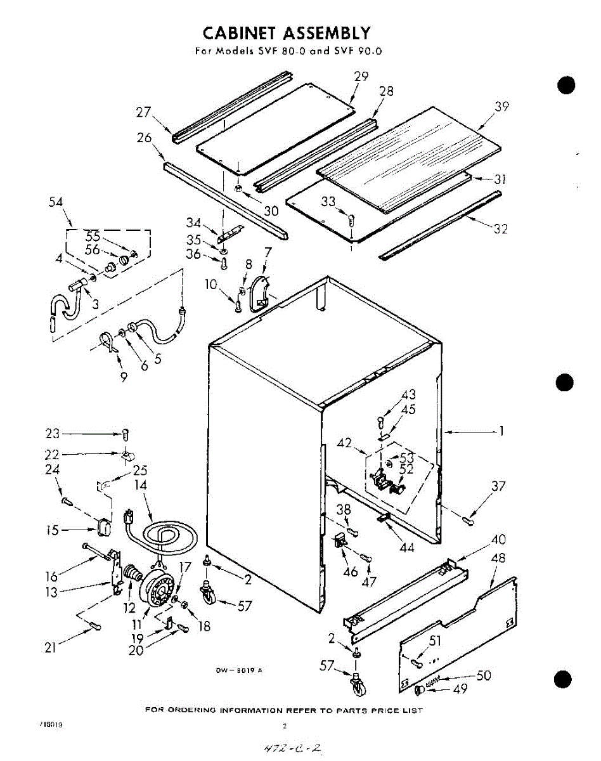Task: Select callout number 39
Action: (x=501, y=107)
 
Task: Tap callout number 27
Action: (x=144, y=112)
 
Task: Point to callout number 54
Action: (x=56, y=202)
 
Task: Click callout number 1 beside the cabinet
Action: (x=501, y=431)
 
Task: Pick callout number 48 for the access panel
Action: (x=498, y=559)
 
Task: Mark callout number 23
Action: (x=52, y=434)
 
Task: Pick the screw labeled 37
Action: (x=469, y=520)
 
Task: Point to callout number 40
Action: (x=498, y=540)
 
